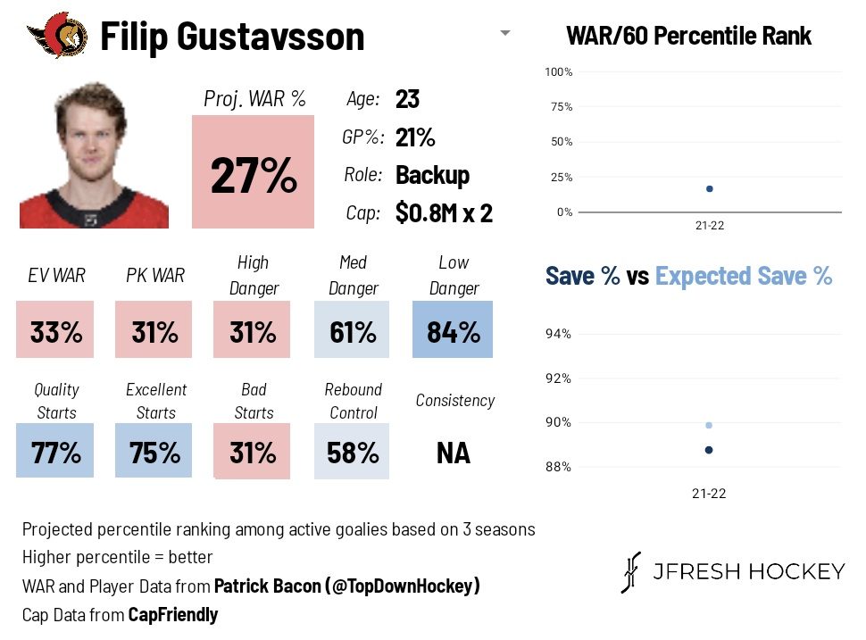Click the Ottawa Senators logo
pos(58,35)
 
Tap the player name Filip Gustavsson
pos(232,37)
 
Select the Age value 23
pos(407,99)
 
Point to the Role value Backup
pos(432,175)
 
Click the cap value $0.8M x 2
pos(444,214)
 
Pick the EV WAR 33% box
pos(55,332)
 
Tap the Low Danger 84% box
pos(454,332)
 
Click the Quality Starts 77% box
pos(55,453)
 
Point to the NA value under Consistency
pos(454,453)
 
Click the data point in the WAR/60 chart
pos(709,188)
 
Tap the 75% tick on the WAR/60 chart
pos(562,106)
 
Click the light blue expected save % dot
pos(709,425)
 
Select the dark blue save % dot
pos(709,450)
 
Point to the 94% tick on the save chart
pos(558,334)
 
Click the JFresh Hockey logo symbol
pos(632,572)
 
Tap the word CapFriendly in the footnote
pos(173,615)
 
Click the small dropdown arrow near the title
pos(505,34)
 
